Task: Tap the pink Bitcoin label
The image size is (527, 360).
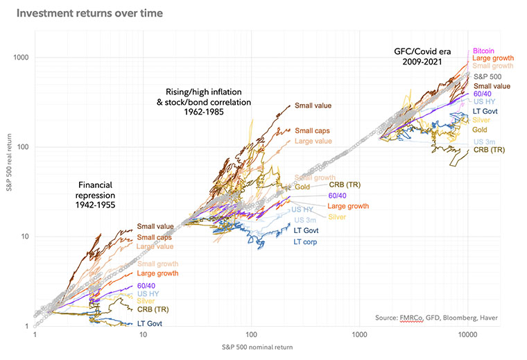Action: tap(484, 51)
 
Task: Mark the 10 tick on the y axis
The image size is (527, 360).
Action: tap(25, 237)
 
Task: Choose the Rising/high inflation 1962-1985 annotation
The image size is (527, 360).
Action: tap(208, 102)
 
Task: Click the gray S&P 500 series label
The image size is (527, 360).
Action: tap(488, 76)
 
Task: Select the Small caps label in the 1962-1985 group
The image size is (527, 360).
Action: tap(311, 130)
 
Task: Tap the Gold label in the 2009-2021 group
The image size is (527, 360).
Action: tap(480, 130)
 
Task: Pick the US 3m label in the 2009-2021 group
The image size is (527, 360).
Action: tap(484, 142)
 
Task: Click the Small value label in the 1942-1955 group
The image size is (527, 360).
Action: tap(155, 226)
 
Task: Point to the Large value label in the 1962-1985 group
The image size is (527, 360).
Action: tap(313, 141)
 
